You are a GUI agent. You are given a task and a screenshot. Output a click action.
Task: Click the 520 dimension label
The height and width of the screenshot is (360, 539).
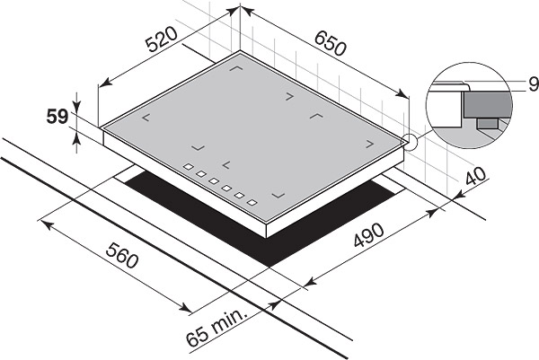pos(161,39)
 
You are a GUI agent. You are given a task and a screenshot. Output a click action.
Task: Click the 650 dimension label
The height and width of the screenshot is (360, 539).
pos(330,43)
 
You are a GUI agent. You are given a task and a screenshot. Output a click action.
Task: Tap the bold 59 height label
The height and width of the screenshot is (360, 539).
pos(57,117)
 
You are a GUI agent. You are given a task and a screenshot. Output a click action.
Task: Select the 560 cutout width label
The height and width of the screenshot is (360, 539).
pos(122,255)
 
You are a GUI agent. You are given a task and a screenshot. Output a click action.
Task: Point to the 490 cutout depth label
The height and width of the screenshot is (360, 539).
pos(368,235)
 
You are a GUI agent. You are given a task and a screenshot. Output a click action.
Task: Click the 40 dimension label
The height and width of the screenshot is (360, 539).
pos(476,176)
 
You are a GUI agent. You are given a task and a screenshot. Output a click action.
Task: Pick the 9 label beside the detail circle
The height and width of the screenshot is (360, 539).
pos(534,84)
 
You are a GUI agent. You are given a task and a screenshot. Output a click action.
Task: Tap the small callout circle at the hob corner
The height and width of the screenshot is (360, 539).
pos(410,142)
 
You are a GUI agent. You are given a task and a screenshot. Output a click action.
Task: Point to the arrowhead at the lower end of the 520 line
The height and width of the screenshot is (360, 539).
pos(106,82)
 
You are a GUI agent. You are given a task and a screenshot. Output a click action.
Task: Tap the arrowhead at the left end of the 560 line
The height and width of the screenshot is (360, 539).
pos(47,225)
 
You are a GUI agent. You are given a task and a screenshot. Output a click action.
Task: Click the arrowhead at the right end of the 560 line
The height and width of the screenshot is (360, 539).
pos(186,307)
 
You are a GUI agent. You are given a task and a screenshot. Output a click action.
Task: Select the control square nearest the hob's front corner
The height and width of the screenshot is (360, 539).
pos(252,202)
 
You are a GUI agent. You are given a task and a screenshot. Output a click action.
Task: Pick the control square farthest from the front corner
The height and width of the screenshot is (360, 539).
pos(189,167)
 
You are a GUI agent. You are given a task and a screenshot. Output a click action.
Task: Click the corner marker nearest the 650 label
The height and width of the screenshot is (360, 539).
pos(289,97)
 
